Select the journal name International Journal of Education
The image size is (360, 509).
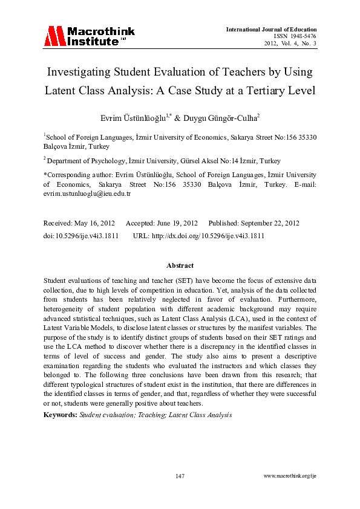tap(271, 29)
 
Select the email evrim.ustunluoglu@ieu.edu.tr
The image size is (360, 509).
tap(87, 194)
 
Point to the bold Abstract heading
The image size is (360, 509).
tap(180, 265)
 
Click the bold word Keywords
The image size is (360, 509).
tap(60, 415)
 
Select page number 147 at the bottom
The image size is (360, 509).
tap(180, 476)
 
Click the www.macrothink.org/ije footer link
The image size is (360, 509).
tap(290, 476)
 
